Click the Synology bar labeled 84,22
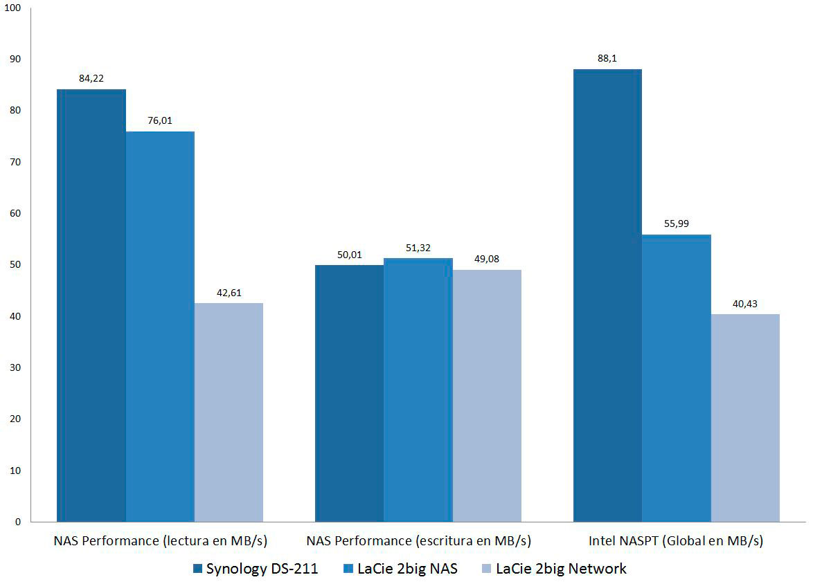coord(91,304)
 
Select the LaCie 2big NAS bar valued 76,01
coord(160,325)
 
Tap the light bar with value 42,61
coord(229,412)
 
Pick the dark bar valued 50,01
coord(349,392)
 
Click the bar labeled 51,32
coord(418,389)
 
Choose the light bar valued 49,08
coord(486,395)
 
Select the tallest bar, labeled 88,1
coord(607,295)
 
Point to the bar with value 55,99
coord(676,378)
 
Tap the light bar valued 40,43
coord(745,417)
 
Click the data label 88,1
coord(607,59)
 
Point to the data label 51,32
coord(418,247)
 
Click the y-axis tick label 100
coord(13,8)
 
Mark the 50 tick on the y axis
coord(15,265)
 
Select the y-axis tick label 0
coord(18,522)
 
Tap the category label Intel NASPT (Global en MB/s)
coord(677,540)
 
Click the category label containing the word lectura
coord(160,540)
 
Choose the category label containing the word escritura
coord(418,540)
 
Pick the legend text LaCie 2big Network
coord(561,569)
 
